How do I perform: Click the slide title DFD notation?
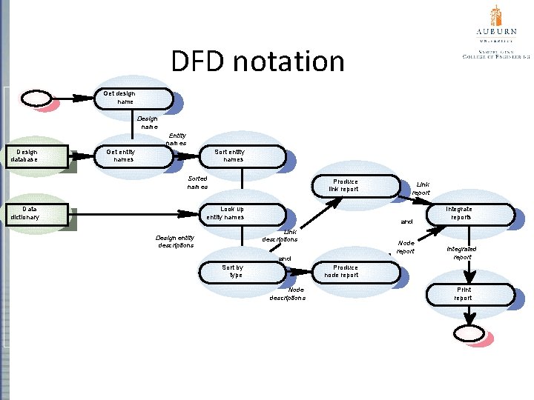[257, 61]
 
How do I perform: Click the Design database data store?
[38, 157]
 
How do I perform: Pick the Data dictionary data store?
[38, 214]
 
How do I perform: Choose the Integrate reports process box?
[470, 214]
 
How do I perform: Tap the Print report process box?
[470, 294]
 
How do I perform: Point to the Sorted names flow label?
[197, 183]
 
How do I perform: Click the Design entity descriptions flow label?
[175, 241]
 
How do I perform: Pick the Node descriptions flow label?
[289, 294]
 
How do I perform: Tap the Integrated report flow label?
[461, 253]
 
